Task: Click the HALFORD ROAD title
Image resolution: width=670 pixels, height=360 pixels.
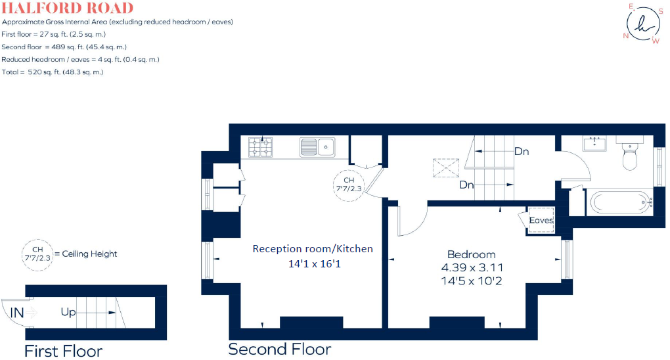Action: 67,9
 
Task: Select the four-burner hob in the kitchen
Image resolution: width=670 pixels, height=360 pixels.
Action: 260,147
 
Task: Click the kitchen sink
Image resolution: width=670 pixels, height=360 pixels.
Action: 318,147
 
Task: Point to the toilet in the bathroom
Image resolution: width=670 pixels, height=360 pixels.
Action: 630,155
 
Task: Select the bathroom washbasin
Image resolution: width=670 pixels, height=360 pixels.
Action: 597,145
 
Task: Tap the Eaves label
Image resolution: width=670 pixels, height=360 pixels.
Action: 542,220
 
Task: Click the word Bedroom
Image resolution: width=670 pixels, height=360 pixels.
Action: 471,254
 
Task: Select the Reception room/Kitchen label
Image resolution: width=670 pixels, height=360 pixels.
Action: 313,248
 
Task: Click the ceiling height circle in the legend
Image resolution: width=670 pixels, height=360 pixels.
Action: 37,254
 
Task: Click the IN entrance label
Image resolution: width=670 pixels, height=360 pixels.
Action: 17,313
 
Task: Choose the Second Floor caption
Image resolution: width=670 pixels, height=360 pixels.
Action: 279,349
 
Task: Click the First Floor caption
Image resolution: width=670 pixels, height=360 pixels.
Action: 63,351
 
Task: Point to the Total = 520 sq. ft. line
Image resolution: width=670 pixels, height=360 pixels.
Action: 53,72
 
